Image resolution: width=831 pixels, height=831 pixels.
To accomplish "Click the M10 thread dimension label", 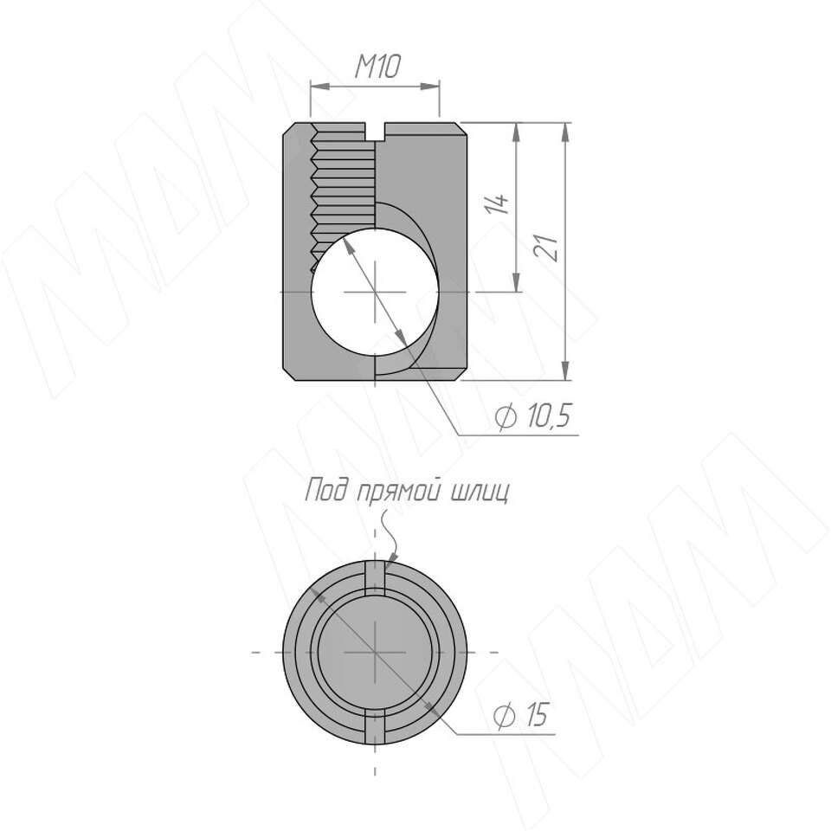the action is [377, 67].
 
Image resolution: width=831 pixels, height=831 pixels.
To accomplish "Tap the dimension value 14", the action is [497, 204].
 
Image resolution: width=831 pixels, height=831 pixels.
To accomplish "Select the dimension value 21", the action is [546, 247].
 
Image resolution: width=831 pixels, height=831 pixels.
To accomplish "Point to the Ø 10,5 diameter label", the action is [533, 415].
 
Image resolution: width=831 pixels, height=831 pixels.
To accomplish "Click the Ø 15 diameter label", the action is [520, 715].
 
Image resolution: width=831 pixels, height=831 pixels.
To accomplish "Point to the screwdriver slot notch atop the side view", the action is [375, 132].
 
